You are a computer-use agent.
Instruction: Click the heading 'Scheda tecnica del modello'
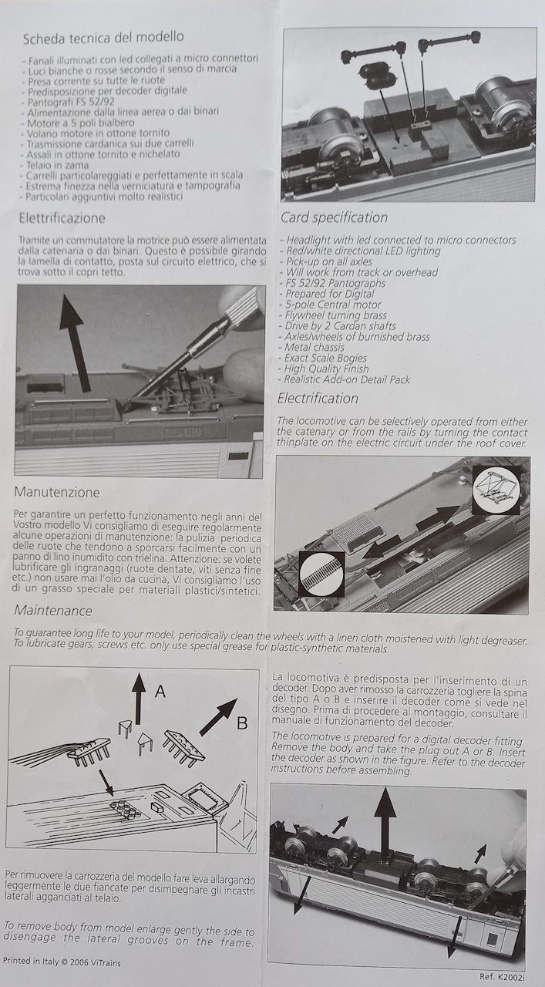tap(103, 38)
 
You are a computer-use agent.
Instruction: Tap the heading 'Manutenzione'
tap(57, 492)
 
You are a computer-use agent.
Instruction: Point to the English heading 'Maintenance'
tap(53, 611)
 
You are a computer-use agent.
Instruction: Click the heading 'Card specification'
tap(334, 217)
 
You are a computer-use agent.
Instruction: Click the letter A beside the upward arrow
tap(160, 692)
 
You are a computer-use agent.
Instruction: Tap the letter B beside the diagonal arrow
tap(241, 723)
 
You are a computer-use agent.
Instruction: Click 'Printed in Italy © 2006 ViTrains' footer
tap(62, 962)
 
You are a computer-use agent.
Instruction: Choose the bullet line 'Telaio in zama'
tap(59, 165)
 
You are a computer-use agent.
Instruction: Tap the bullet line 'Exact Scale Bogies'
tap(326, 359)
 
